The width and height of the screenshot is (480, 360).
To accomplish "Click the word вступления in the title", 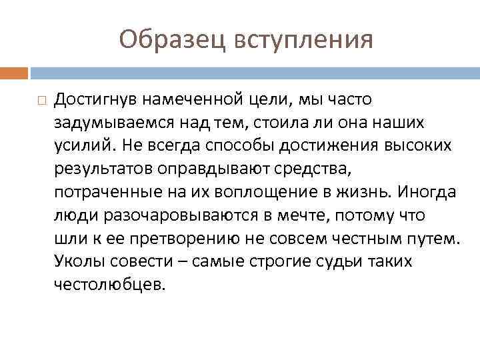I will tap(304, 41).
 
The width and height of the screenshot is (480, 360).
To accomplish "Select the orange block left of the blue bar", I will tap(13, 72).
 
